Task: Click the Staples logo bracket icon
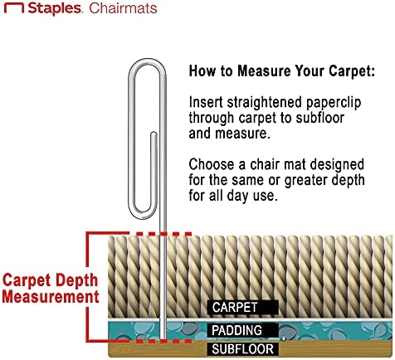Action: pyautogui.click(x=14, y=6)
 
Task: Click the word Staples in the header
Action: pyautogui.click(x=55, y=8)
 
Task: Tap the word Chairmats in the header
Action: pyautogui.click(x=123, y=8)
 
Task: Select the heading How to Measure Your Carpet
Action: pyautogui.click(x=282, y=71)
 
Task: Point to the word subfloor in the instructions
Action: pyautogui.click(x=320, y=118)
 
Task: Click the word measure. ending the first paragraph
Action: pyautogui.click(x=242, y=134)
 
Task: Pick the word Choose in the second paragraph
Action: pyautogui.click(x=212, y=164)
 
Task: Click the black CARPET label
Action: pyautogui.click(x=243, y=307)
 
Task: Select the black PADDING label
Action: pyautogui.click(x=243, y=330)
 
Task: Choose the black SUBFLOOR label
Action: pyautogui.click(x=243, y=349)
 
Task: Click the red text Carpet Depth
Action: pyautogui.click(x=50, y=281)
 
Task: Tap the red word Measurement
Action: pyautogui.click(x=51, y=297)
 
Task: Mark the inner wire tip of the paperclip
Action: pyautogui.click(x=154, y=134)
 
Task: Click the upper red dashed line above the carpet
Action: pyautogui.click(x=163, y=234)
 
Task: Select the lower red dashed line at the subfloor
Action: pyautogui.click(x=163, y=342)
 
